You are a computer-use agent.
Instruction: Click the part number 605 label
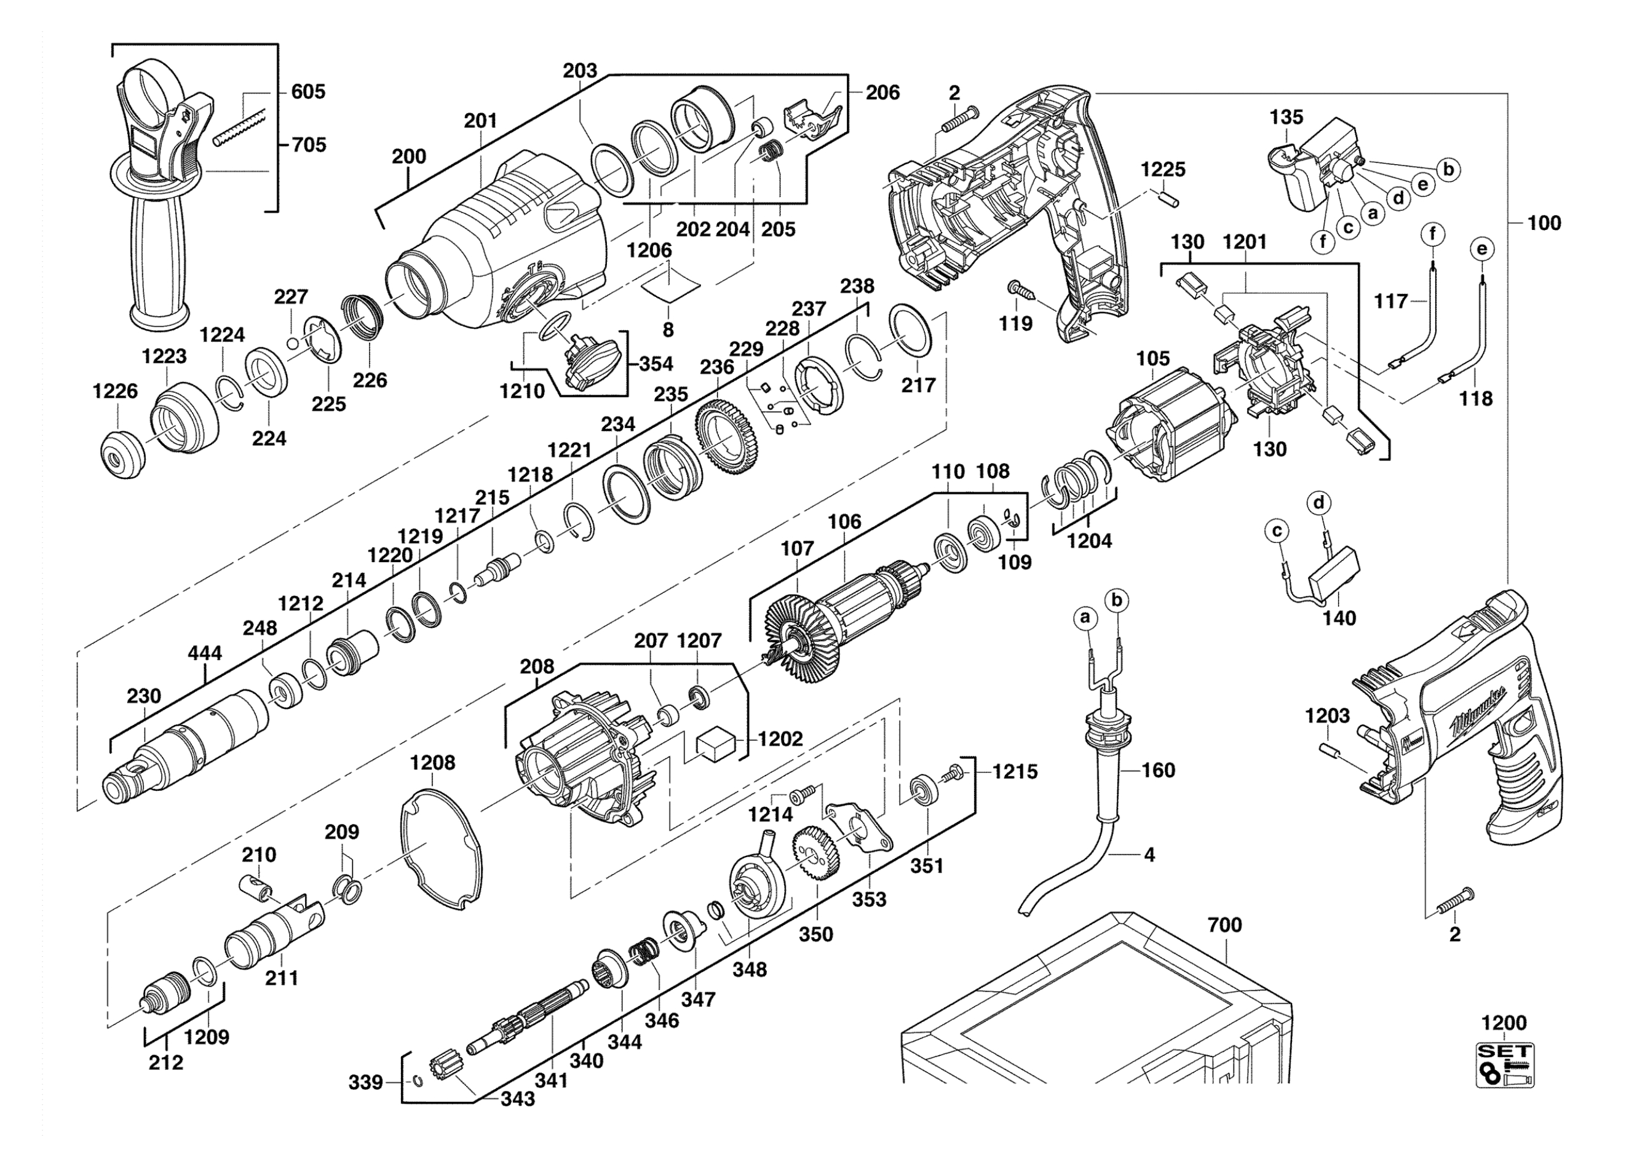tap(308, 92)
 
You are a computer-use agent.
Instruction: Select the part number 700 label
tap(1225, 925)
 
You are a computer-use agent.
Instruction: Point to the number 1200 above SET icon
tap(1504, 1023)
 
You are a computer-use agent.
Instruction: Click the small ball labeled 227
tap(292, 344)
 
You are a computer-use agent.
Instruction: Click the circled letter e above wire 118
tap(1482, 250)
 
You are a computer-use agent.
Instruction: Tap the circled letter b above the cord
tap(1117, 600)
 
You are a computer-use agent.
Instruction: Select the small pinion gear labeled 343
tap(438, 1068)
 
